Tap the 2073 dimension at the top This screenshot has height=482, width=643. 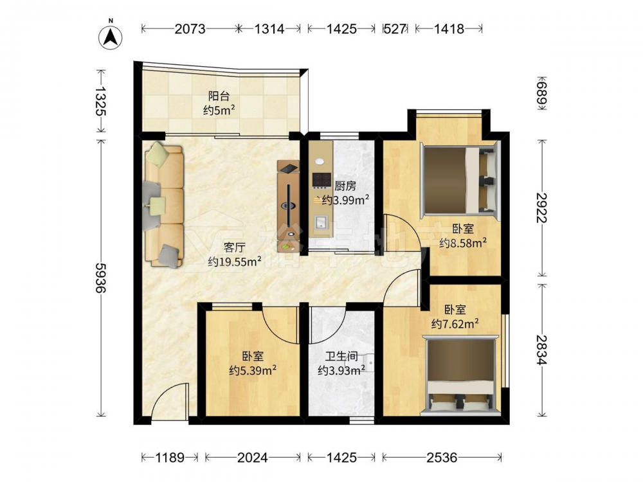point(190,29)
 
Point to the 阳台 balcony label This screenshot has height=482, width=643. point(219,96)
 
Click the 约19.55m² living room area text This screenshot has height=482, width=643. point(235,262)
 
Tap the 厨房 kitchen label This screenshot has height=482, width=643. point(345,186)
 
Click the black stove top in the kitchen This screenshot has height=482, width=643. point(321,179)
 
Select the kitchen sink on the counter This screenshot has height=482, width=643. point(321,222)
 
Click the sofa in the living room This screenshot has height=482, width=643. point(163,204)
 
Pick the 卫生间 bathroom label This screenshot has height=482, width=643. point(341,356)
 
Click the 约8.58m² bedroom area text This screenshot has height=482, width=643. point(463,243)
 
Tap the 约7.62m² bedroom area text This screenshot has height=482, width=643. point(455,324)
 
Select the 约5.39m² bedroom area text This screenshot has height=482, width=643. point(252,371)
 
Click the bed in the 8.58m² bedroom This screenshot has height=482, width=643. point(460,181)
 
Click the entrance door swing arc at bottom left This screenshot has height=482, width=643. point(164,393)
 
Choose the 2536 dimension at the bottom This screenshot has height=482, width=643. point(442,457)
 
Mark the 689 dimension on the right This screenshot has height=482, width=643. point(542,93)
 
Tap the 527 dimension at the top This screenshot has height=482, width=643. point(395,29)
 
